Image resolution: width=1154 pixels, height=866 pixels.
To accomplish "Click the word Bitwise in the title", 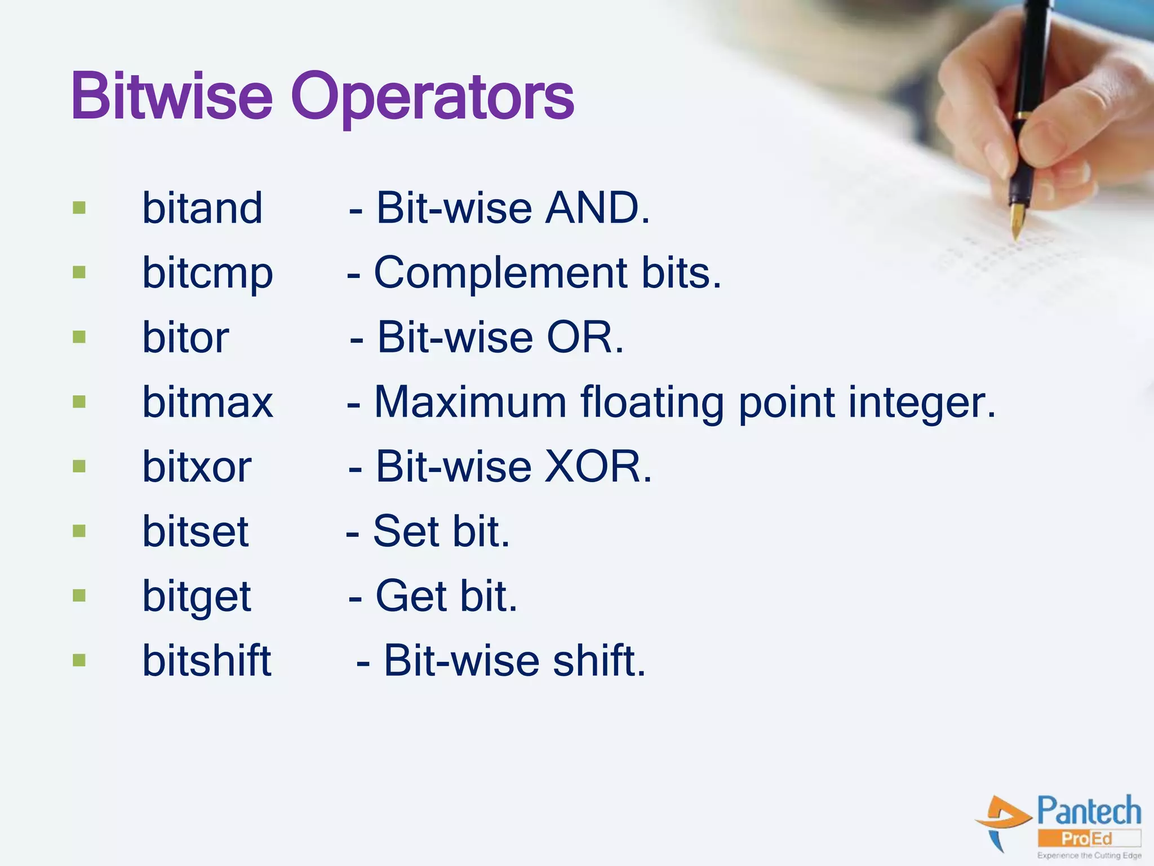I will coord(172,97).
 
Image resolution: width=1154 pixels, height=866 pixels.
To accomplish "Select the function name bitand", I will coord(202,208).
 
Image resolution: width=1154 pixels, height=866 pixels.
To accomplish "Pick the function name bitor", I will coord(185,338).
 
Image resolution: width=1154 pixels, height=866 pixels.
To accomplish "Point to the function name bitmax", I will coord(207,402).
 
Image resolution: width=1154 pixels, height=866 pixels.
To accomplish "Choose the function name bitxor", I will coord(197,467).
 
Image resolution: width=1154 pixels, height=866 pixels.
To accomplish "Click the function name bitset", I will coord(195,531).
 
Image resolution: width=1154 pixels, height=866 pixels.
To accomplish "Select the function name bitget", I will coord(196,597).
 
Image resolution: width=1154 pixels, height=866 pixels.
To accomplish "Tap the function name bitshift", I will coord(206,660).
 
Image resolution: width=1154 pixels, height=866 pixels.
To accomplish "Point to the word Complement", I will coord(500,273).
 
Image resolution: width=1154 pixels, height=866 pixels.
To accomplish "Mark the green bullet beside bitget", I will coord(79,595).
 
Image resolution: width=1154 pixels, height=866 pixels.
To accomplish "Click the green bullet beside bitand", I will coord(79,208).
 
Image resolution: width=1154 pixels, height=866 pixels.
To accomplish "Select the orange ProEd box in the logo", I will coord(1089,838).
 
